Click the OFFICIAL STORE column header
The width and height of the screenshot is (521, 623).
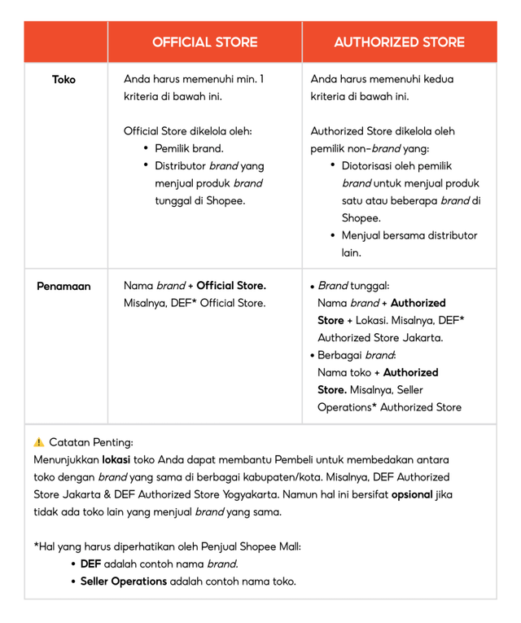coord(204,42)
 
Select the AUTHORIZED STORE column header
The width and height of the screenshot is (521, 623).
coord(399,42)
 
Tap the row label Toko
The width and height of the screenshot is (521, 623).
coord(63,80)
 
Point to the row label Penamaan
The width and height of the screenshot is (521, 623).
coord(63,287)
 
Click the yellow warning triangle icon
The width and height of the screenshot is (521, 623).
coord(39,442)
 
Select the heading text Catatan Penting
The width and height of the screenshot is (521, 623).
coord(91,442)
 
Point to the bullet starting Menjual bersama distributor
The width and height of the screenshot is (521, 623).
coord(409,235)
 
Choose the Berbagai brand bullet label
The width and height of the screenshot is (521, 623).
coord(356,355)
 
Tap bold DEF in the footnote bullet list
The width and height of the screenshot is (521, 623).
coord(90,564)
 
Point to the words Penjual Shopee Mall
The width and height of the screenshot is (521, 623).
coord(253,546)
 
